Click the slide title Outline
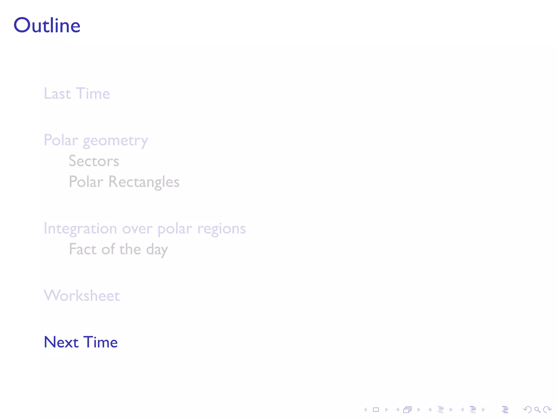47,26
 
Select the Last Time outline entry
77,94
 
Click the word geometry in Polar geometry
115,141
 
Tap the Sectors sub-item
94,161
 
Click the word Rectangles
144,182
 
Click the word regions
221,229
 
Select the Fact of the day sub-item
118,249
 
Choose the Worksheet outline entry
82,296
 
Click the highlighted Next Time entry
81,342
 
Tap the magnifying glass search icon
537,410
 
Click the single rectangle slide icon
376,410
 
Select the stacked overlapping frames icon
407,410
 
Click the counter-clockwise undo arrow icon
527,410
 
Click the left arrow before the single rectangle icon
366,410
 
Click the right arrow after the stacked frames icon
419,410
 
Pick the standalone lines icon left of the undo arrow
505,410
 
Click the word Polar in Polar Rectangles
86,182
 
